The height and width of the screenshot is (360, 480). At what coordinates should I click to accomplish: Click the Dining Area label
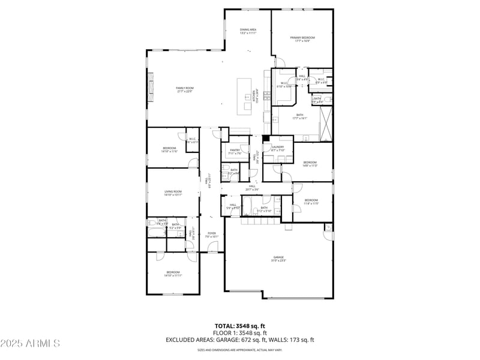point(248,31)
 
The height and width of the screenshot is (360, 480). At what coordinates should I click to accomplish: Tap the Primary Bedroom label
point(302,39)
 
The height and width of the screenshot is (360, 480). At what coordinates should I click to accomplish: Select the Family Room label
point(184,89)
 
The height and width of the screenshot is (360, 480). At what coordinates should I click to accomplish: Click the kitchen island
point(245,96)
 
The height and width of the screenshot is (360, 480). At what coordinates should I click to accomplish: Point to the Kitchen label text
point(254,97)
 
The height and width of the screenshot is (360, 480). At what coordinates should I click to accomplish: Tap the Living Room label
point(173,193)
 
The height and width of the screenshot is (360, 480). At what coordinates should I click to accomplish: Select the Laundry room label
point(277,148)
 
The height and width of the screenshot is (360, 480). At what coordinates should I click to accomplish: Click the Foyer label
point(212,235)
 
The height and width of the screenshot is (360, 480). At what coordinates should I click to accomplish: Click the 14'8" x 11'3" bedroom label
point(310,164)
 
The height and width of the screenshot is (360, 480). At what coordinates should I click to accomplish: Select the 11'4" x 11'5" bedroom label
point(311,202)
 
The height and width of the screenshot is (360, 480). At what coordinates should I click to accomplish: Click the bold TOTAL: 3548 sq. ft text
point(239,326)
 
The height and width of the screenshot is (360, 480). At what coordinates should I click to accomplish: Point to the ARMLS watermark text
point(30,343)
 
